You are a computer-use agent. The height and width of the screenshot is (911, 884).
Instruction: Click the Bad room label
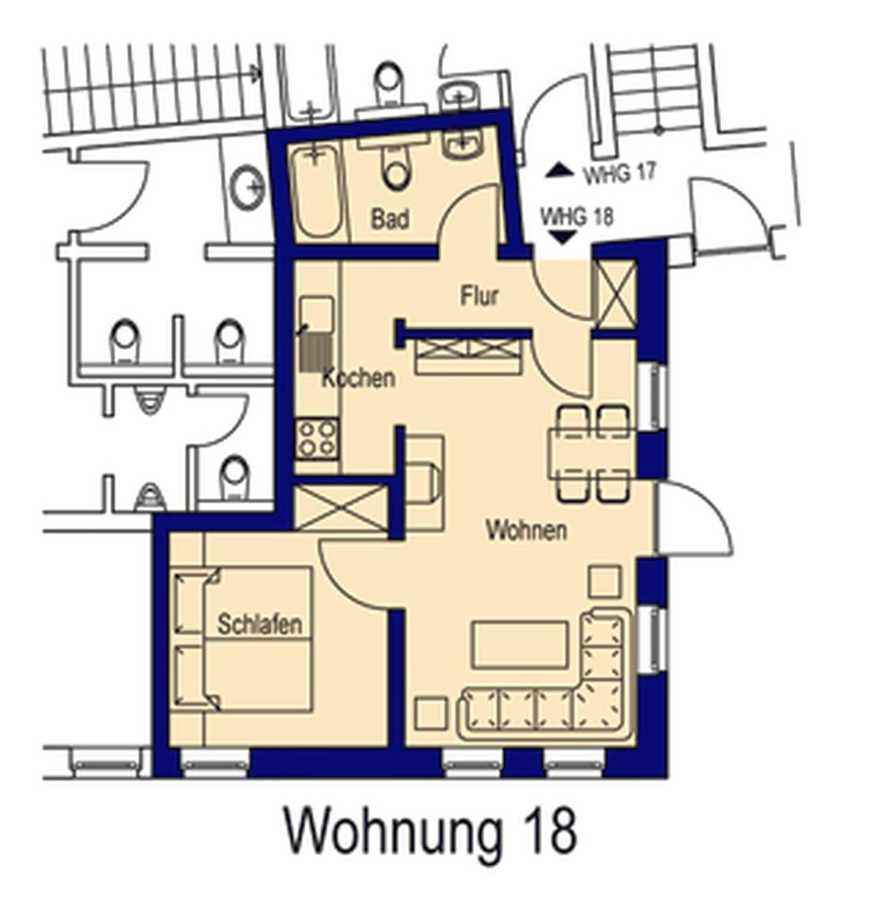[389, 219]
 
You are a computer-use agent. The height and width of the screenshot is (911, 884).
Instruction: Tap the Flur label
[480, 296]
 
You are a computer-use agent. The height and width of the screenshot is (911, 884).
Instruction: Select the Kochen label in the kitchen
[359, 378]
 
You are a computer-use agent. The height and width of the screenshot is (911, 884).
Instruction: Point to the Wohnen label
[526, 531]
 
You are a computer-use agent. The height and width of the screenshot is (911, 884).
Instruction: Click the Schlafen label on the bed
[260, 624]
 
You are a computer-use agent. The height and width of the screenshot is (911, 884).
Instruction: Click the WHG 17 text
[620, 172]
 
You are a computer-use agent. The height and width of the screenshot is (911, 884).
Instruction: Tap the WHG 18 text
[577, 217]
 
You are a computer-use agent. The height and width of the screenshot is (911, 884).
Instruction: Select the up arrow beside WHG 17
[560, 170]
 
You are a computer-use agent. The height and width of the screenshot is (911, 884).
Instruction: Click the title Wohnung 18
[431, 831]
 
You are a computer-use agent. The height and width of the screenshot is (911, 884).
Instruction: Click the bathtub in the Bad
[316, 191]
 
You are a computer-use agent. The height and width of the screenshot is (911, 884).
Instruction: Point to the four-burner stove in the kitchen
[317, 439]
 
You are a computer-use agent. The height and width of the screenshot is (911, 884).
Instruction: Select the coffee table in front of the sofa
[520, 645]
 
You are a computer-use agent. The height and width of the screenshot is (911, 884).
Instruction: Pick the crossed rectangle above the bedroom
[341, 508]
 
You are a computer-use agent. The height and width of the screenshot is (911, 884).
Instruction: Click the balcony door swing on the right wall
[694, 517]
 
